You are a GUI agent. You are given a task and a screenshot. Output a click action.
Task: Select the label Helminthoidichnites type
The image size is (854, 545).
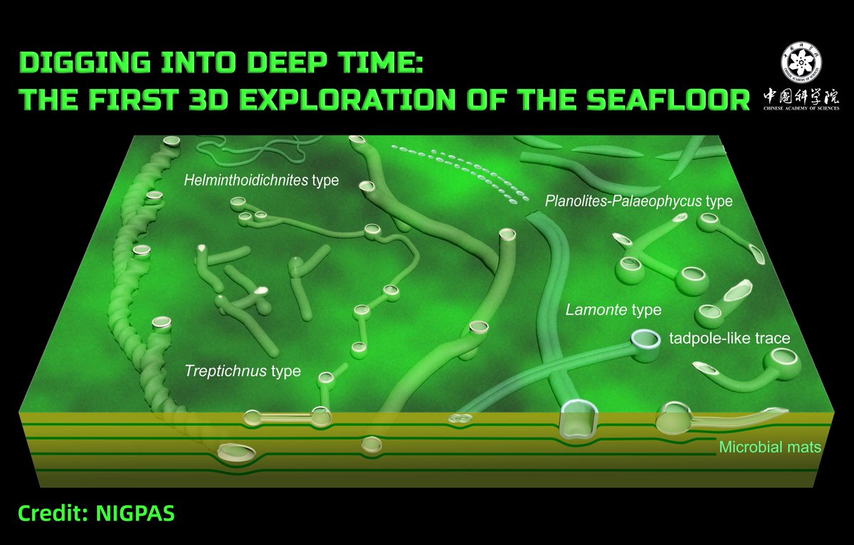pos(260,181)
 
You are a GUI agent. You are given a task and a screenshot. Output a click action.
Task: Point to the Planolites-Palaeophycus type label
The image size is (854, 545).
pos(638,201)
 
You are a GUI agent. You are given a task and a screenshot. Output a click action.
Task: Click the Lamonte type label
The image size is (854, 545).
pos(613,310)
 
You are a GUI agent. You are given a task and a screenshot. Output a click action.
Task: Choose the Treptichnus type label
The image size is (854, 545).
pos(243,371)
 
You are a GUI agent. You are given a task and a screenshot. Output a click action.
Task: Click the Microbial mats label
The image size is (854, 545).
pos(770,448)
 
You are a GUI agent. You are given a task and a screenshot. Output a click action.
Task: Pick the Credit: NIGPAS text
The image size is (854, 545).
pos(96,513)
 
